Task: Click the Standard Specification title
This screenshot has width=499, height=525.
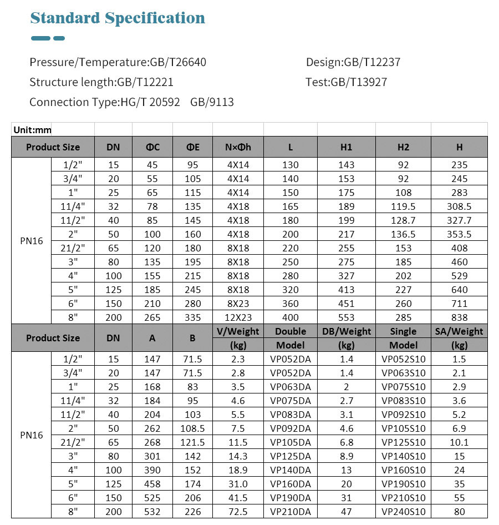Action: point(118,18)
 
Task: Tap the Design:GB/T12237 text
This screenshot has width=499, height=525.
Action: point(353,62)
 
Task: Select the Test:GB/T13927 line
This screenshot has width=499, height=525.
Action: point(346,82)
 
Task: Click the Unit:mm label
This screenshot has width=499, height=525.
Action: point(32,130)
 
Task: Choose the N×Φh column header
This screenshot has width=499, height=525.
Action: point(238,147)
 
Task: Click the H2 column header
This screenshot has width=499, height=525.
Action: point(403,147)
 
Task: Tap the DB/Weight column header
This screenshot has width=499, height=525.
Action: point(347,331)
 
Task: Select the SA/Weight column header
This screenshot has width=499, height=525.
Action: point(459,331)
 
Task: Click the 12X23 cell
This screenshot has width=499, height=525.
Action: point(238,317)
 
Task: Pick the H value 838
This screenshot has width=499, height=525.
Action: point(459,317)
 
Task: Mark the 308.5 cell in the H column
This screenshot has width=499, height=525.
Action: point(459,206)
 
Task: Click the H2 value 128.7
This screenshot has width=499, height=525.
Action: point(403,220)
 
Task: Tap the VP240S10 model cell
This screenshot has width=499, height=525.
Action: point(403,512)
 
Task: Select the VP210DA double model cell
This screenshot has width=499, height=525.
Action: point(291,512)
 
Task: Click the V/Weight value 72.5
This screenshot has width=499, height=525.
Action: point(238,512)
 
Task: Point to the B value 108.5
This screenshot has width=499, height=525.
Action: point(192,428)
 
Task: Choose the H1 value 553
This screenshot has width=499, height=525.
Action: point(346,317)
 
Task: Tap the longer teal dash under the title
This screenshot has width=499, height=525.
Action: point(40,38)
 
